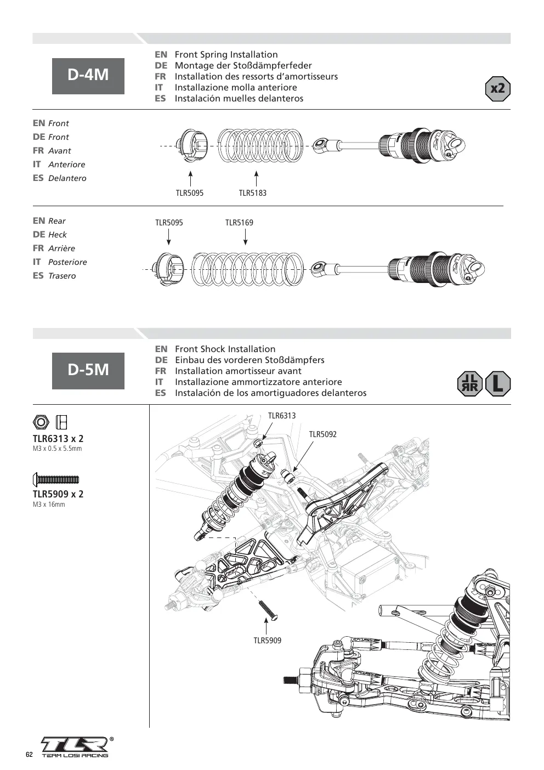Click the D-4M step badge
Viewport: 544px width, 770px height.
point(88,76)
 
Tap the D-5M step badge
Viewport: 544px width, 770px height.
point(88,371)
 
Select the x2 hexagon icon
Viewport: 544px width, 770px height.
point(497,89)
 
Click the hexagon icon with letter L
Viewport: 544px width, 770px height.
point(498,383)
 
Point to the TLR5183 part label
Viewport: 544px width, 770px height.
point(253,193)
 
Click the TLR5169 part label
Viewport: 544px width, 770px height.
point(239,223)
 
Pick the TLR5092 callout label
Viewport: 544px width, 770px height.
point(322,434)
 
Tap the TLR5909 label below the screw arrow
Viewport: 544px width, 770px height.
point(268,641)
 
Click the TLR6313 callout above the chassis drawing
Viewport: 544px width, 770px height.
point(282,416)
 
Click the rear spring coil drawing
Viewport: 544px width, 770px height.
point(247,269)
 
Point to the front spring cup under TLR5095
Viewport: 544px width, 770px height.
point(192,146)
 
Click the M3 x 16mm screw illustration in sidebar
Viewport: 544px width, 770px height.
point(56,479)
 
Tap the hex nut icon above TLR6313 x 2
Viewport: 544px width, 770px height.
point(41,422)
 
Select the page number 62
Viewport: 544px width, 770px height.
point(29,755)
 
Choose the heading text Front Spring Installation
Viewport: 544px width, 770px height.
point(226,55)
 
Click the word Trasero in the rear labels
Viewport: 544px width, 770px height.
point(62,276)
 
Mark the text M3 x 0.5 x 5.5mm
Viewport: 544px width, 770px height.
point(58,448)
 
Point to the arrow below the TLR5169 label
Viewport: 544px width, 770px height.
point(245,237)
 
